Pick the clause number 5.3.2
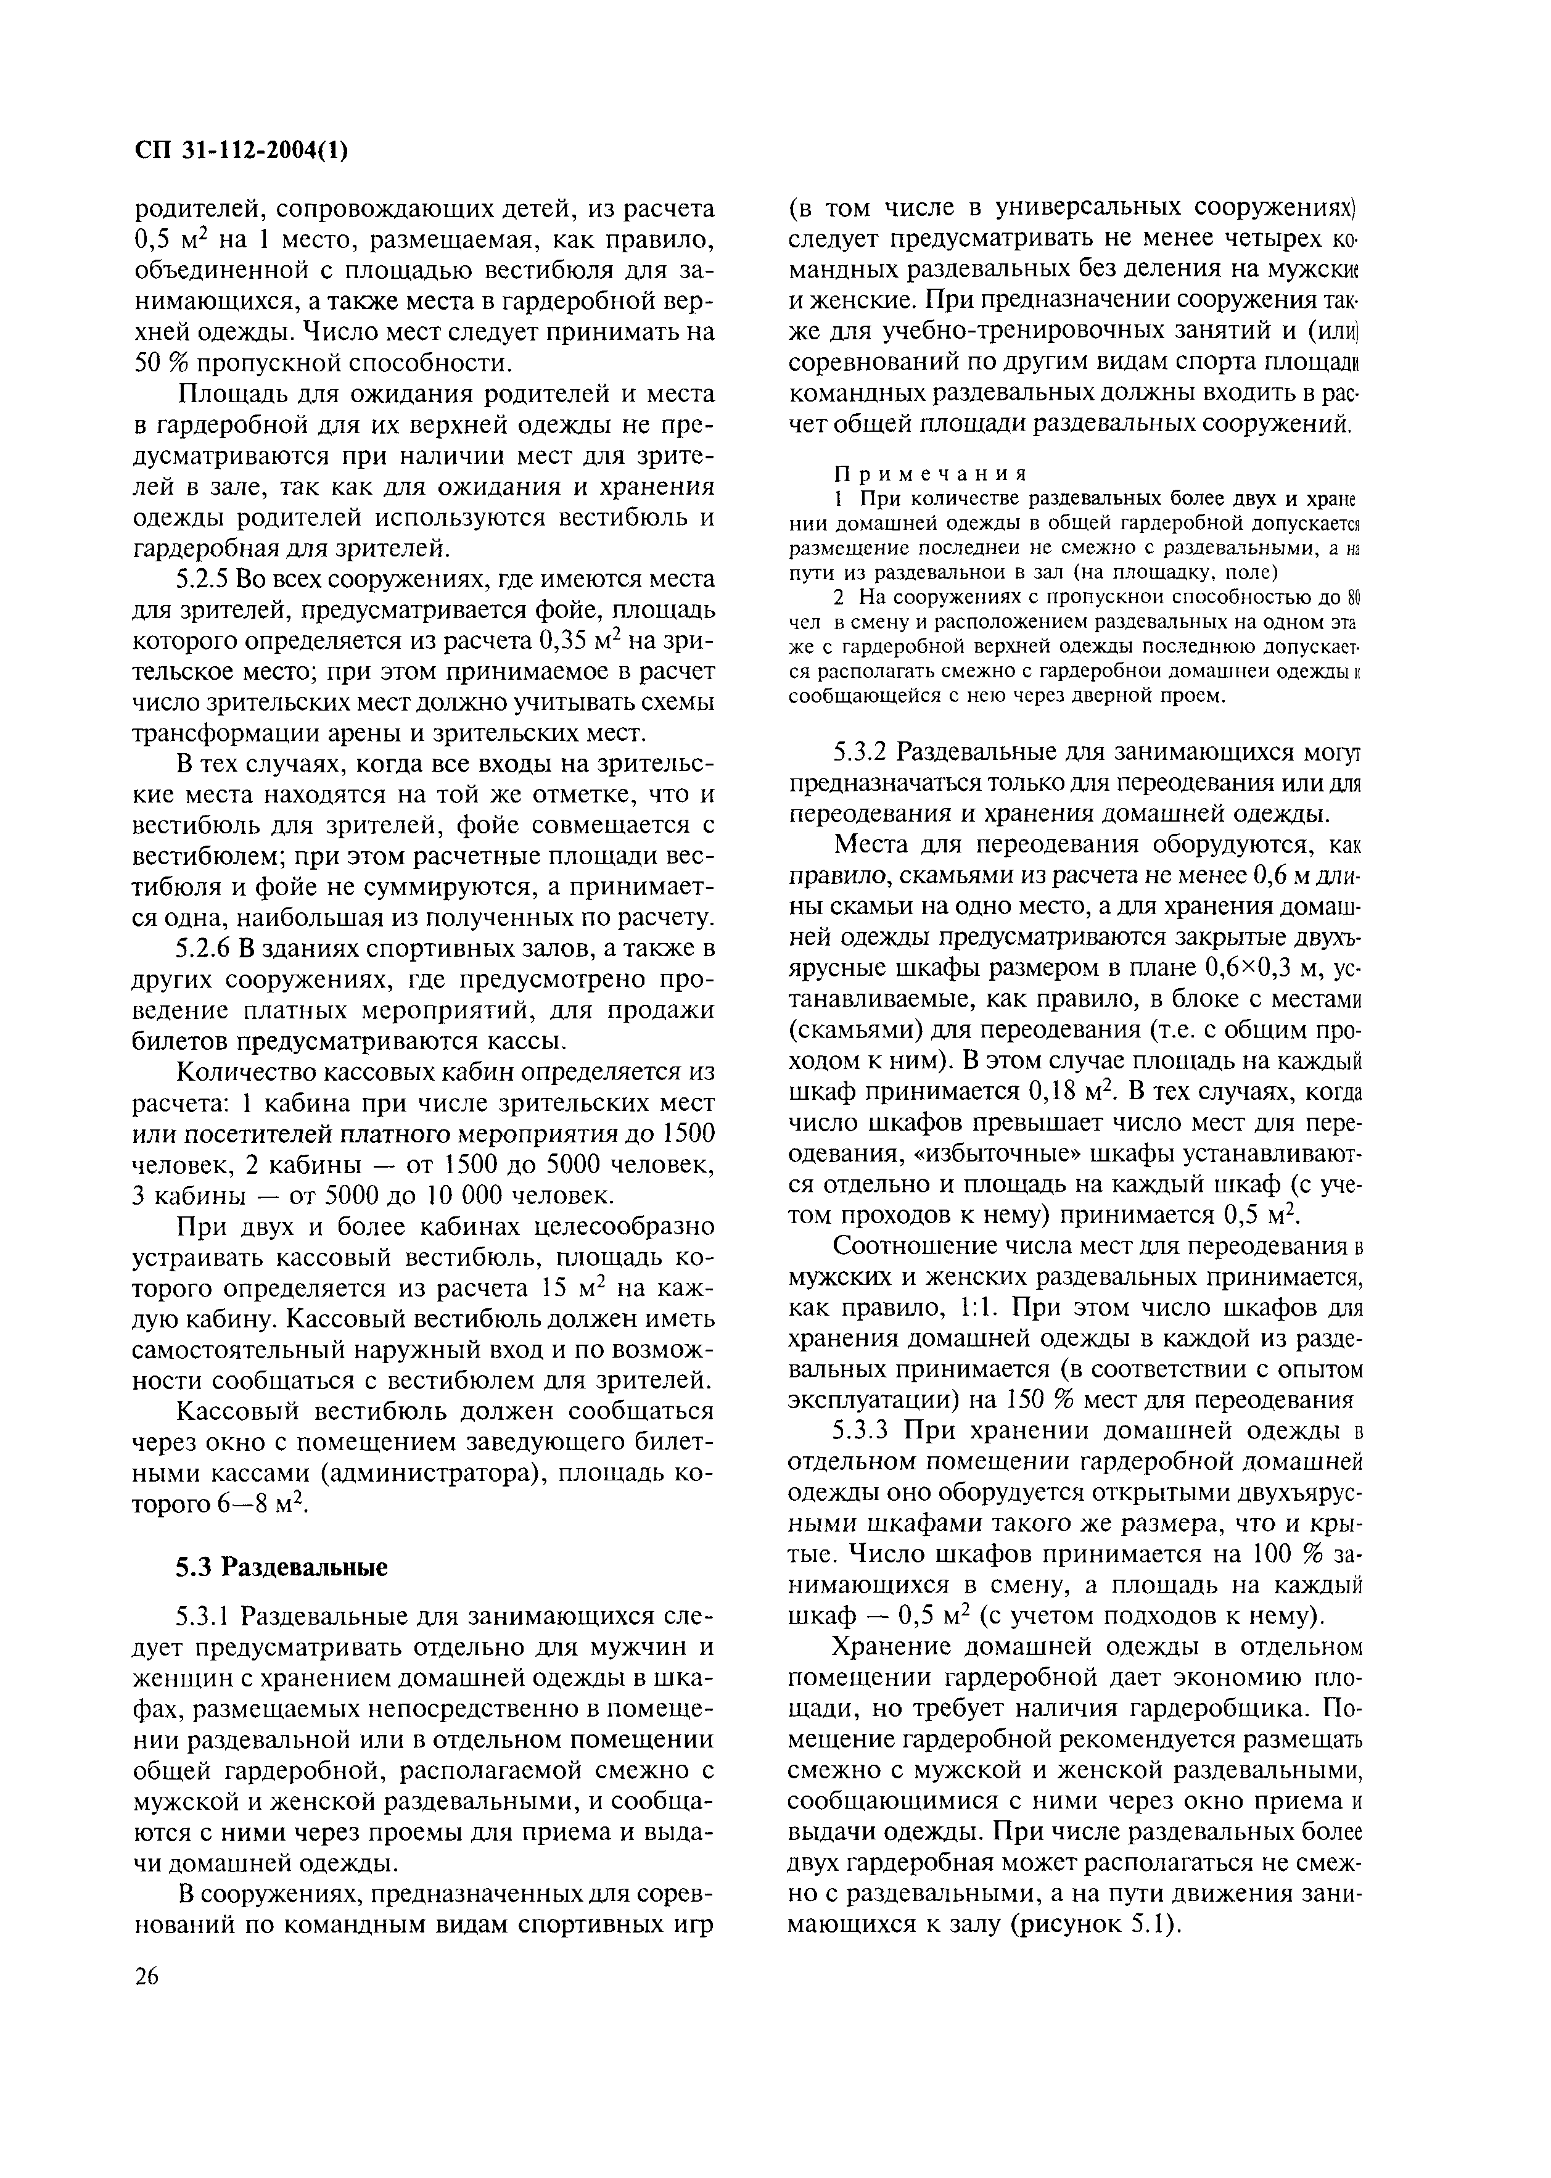[x=862, y=752]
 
